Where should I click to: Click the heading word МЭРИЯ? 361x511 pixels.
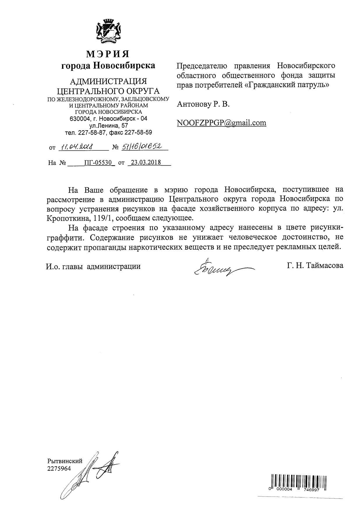coord(108,54)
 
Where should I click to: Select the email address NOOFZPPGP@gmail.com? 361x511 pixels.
coord(221,123)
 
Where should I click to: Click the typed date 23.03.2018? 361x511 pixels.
coord(146,162)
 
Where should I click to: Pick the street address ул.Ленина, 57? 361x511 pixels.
coord(108,126)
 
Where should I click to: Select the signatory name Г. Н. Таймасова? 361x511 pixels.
coord(315,266)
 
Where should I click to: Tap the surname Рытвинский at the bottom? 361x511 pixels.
coord(65,461)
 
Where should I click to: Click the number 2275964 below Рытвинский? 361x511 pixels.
coord(59,468)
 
